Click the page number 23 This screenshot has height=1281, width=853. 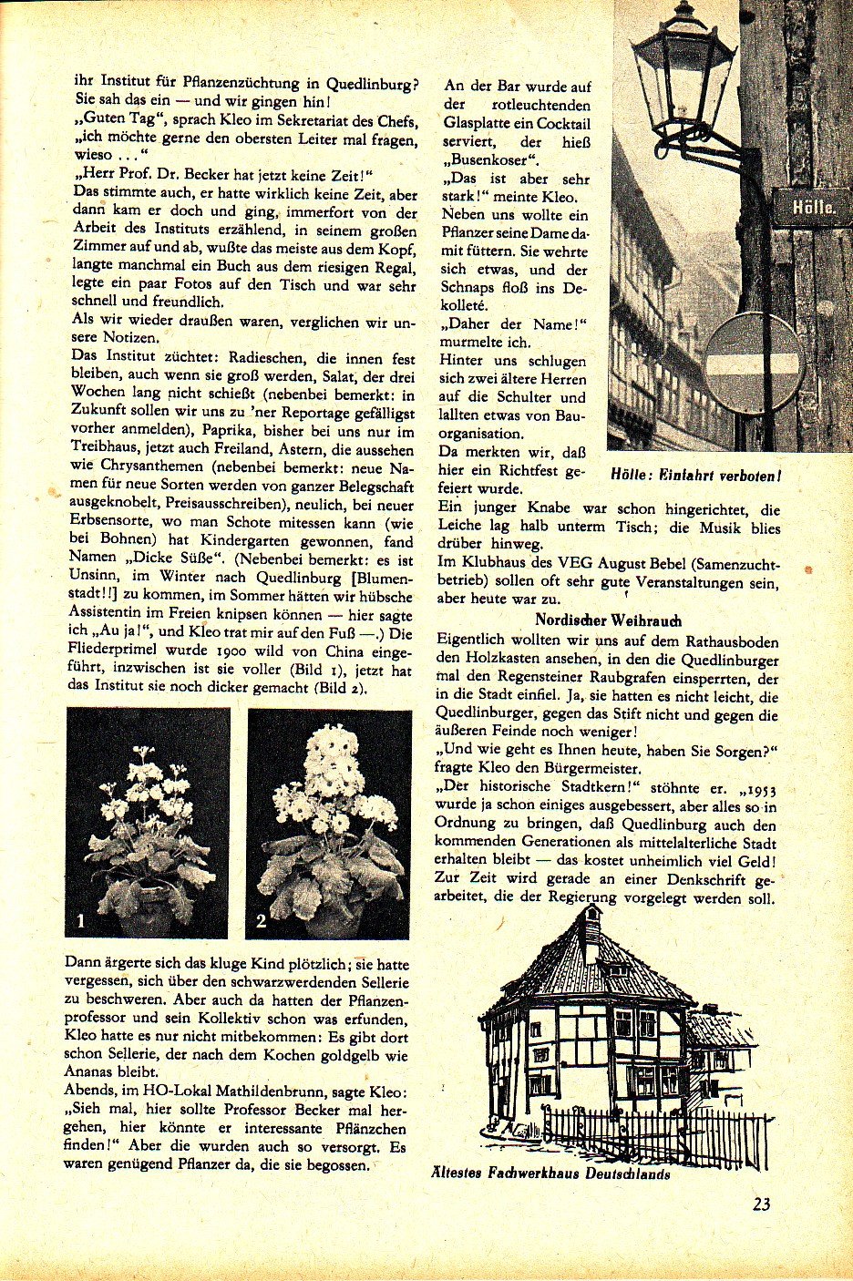(762, 1204)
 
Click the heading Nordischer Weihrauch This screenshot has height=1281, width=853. (608, 620)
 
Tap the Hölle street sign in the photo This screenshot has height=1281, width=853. (813, 207)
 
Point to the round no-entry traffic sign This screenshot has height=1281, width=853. (755, 364)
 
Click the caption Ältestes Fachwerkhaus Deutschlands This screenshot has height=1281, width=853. (550, 1173)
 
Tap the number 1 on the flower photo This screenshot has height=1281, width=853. (81, 920)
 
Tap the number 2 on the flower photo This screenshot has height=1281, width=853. (262, 920)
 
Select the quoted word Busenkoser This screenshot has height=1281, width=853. (489, 160)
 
